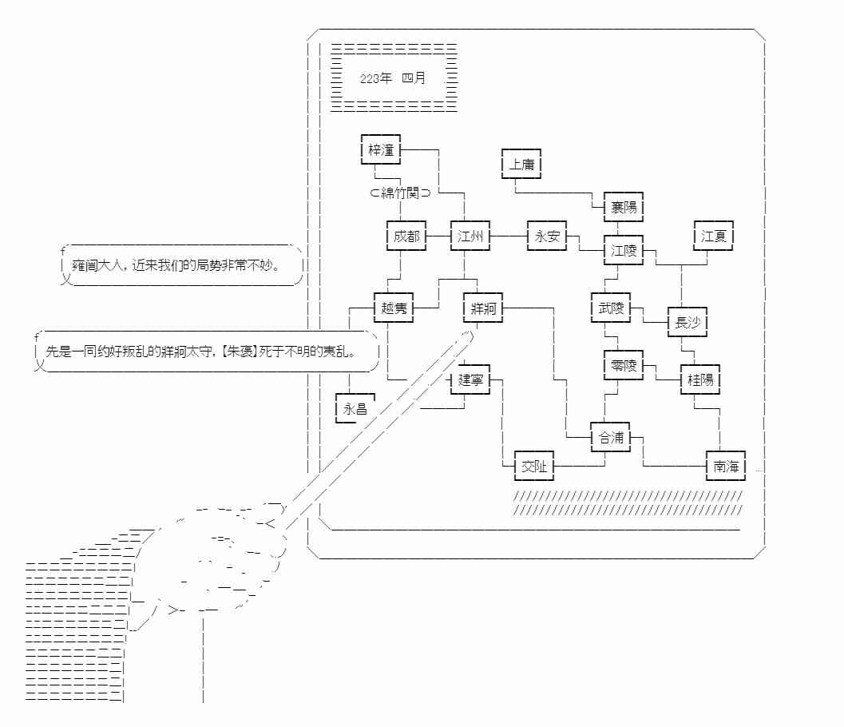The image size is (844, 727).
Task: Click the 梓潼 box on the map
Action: tap(380, 149)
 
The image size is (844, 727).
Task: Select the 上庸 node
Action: tap(521, 165)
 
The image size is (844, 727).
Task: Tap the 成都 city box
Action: tap(406, 236)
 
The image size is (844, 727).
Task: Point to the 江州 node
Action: tap(470, 236)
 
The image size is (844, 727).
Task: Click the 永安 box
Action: tap(548, 236)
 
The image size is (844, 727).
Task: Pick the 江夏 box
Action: tap(713, 236)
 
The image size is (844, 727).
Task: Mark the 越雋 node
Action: tap(394, 308)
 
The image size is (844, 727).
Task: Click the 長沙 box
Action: tap(687, 323)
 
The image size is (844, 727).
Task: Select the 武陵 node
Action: tap(611, 308)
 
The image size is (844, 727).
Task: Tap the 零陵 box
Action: tap(623, 365)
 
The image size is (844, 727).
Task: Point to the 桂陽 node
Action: tap(700, 380)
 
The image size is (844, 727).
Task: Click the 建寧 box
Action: tap(470, 379)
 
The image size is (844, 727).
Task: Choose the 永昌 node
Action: tap(355, 408)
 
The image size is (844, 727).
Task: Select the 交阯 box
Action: tap(534, 467)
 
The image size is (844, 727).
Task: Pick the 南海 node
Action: tap(726, 467)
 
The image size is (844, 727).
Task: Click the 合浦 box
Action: tap(611, 438)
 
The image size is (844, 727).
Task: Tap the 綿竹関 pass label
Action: tap(400, 193)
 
